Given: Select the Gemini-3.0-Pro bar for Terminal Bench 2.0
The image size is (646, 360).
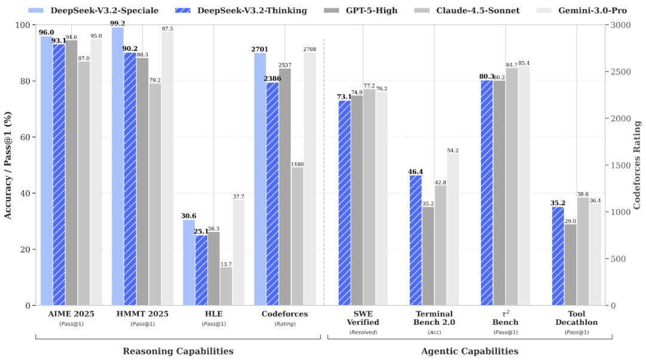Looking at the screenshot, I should coord(453,230).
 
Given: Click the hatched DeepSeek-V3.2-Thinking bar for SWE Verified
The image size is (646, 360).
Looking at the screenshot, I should coord(345,203).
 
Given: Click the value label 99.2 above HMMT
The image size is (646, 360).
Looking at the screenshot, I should coord(117,23).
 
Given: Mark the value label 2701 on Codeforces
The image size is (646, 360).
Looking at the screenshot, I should coord(260,48).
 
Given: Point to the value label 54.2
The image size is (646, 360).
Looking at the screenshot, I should coord(453,150).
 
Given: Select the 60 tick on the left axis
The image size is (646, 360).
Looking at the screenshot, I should coord(26,137).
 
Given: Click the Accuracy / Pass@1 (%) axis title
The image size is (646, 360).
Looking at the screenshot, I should coord(8,164).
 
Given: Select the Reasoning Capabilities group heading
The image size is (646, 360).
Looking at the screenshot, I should coord(178,351).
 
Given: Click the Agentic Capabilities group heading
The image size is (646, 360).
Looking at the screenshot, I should coord(470,351).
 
